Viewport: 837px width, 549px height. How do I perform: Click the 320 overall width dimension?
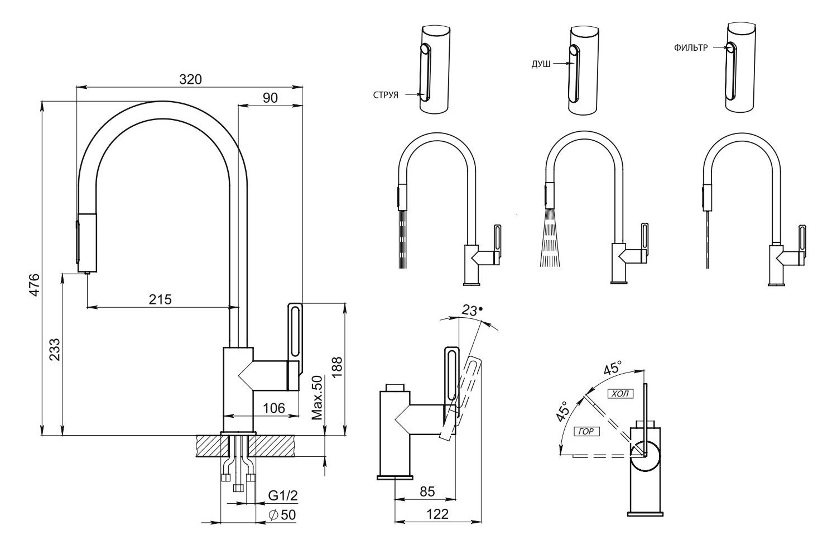point(190,79)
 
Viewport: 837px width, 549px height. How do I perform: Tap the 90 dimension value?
point(270,97)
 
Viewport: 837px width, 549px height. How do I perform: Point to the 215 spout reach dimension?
point(160,299)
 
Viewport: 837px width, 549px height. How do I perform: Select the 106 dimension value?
point(273,408)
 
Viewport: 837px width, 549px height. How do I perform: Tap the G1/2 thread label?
point(283,495)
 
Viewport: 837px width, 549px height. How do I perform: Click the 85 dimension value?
point(427,492)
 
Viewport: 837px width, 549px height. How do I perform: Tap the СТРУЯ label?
point(386,95)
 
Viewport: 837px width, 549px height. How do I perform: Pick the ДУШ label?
point(541,65)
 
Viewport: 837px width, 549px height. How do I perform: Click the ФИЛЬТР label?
point(690,48)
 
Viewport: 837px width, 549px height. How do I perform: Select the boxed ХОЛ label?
point(620,394)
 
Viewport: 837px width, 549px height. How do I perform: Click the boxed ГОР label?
point(586,431)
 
